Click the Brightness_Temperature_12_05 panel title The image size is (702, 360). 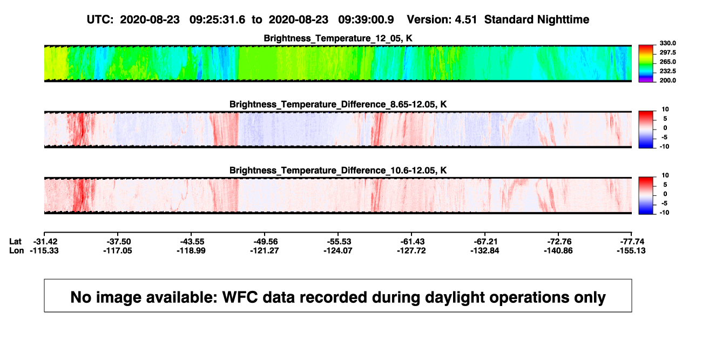(x=338, y=38)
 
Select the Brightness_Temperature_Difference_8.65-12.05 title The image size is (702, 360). (x=338, y=104)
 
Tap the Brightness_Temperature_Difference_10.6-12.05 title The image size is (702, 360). (x=338, y=171)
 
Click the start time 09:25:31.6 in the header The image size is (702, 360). (x=217, y=20)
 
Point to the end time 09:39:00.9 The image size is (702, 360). (x=366, y=20)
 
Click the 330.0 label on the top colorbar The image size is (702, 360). (x=667, y=43)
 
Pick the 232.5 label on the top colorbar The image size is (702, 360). (x=667, y=71)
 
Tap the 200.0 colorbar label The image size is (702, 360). (x=667, y=80)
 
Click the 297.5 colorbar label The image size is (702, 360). (x=667, y=53)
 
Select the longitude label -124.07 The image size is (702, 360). (x=338, y=250)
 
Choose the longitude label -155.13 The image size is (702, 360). (x=631, y=250)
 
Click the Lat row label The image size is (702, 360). (x=15, y=242)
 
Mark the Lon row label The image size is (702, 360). (x=16, y=250)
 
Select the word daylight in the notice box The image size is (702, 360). (x=453, y=297)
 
